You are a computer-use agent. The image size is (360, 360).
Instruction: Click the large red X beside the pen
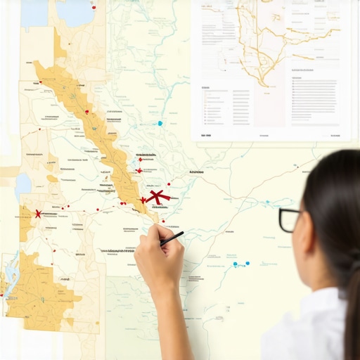[158, 198]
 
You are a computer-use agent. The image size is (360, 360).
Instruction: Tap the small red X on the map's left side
[37, 213]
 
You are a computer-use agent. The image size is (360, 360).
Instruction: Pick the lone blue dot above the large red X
[160, 123]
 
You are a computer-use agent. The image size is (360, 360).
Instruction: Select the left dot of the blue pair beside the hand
[236, 265]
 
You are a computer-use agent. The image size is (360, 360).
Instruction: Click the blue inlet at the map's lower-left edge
[10, 274]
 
